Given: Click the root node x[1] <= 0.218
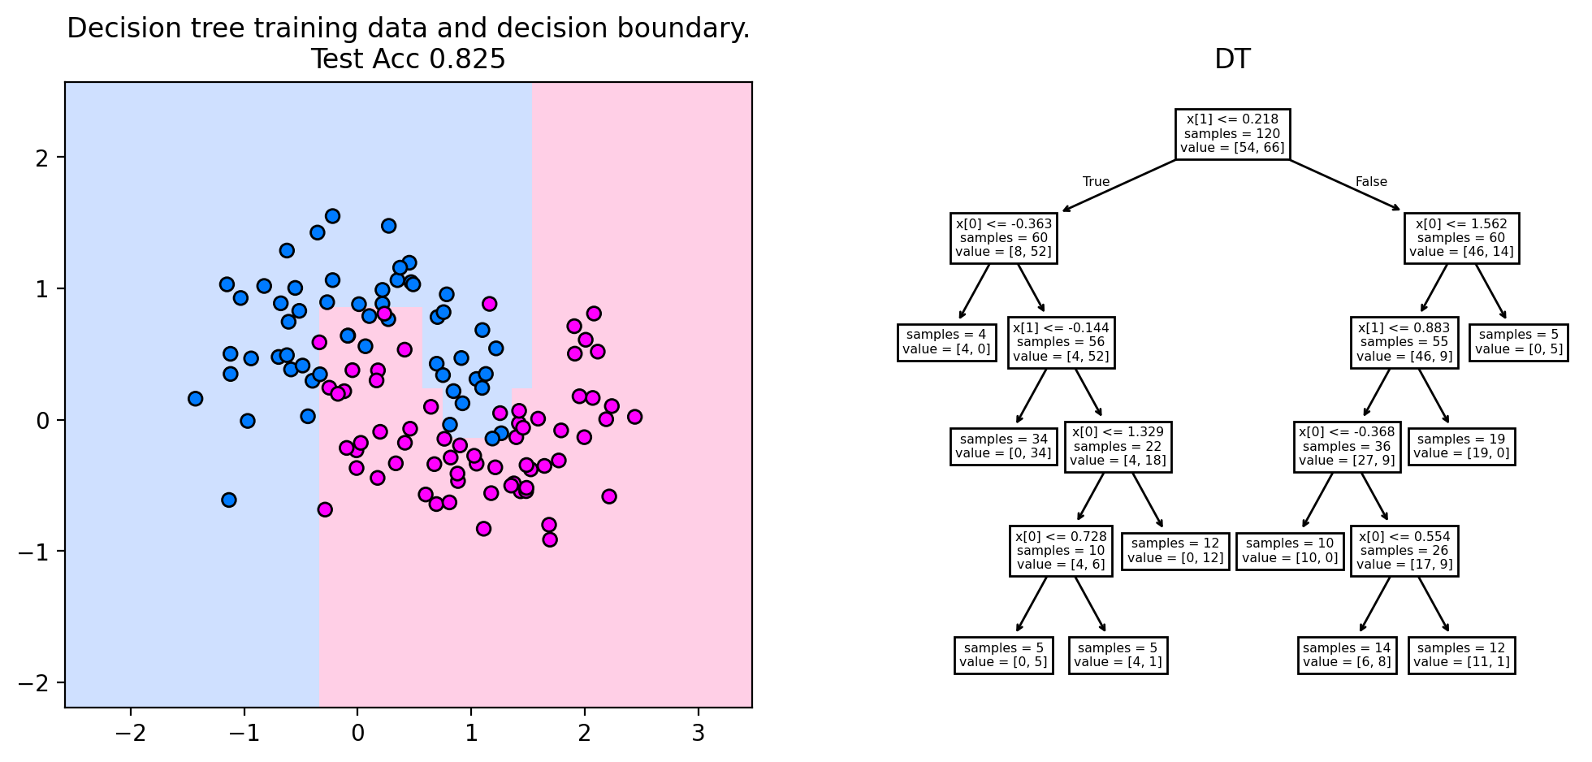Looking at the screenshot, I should click(1232, 134).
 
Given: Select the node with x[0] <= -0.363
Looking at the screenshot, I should click(1003, 238).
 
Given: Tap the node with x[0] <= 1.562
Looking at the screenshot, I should click(1460, 238).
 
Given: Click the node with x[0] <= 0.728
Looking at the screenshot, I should click(1060, 551).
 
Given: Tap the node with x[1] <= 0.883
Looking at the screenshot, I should click(1404, 342).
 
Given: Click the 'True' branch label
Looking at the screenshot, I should click(1096, 182).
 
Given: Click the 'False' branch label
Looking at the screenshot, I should click(1371, 182).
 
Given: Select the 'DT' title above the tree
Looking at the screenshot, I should click(1232, 59).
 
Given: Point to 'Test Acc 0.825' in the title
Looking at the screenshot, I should click(408, 59).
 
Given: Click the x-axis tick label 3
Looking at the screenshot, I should click(698, 733).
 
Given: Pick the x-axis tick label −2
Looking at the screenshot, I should click(130, 733).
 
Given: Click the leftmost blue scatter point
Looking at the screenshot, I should click(195, 399).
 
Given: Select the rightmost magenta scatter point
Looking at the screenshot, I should click(634, 417).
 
